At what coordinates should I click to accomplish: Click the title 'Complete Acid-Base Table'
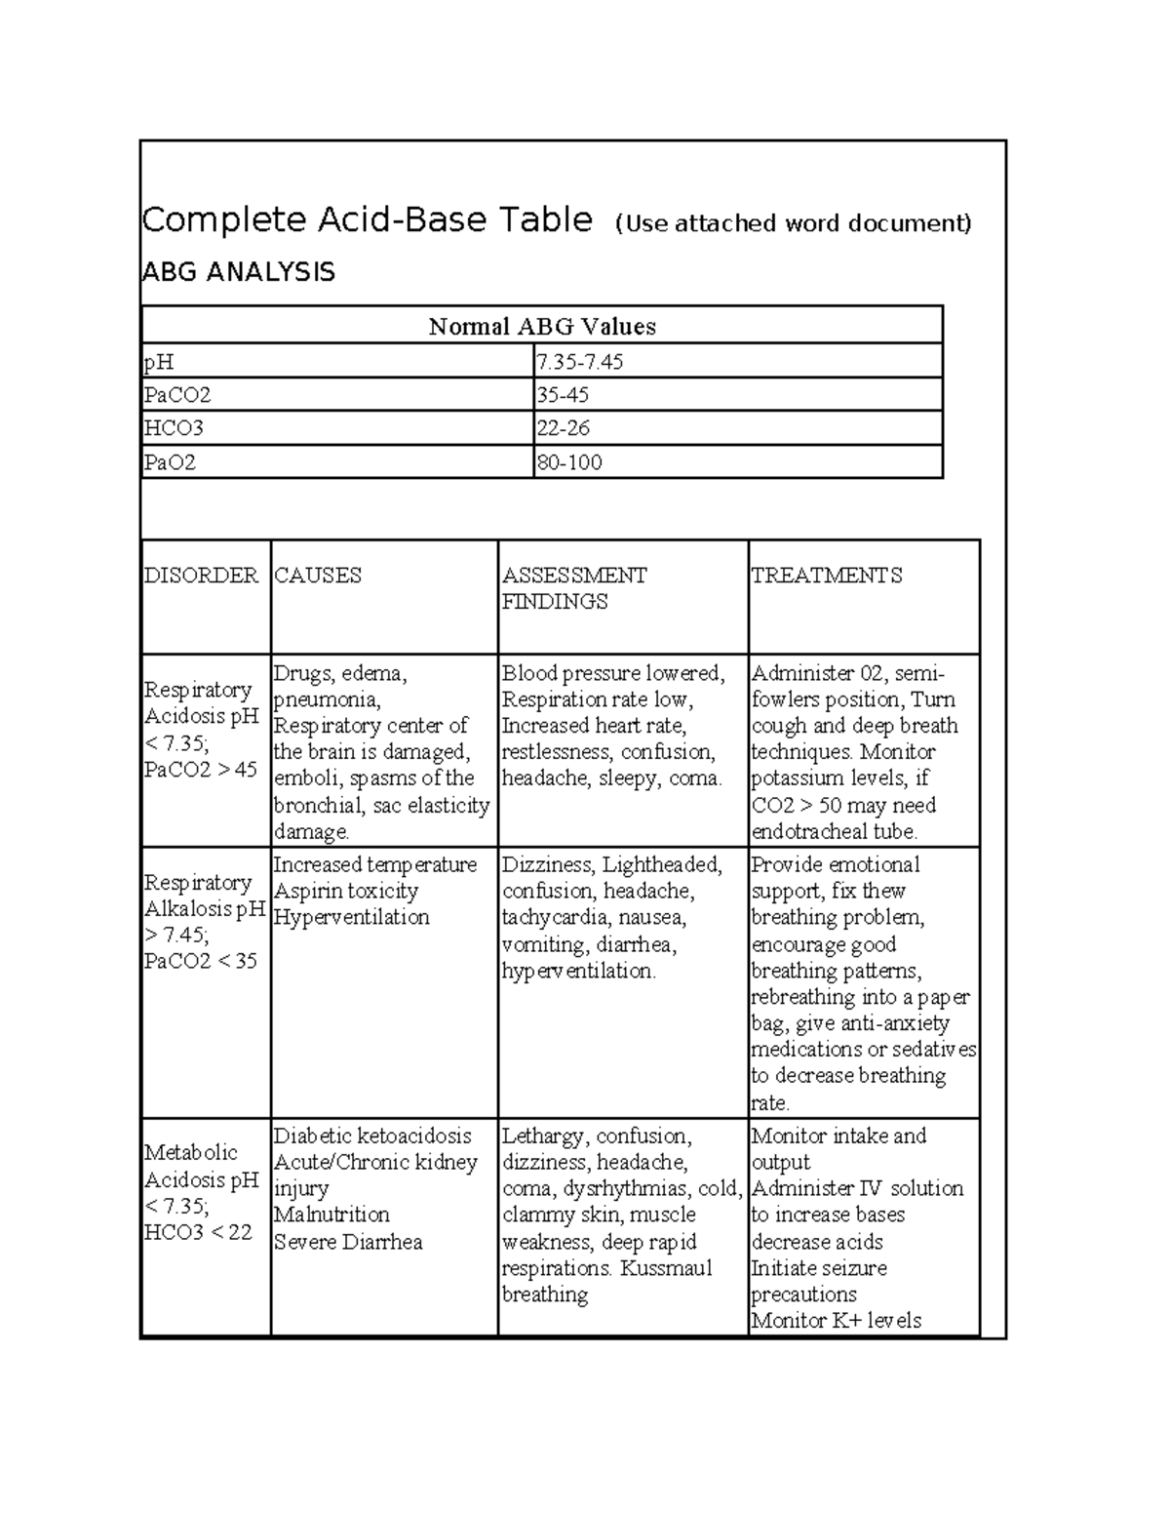click(367, 220)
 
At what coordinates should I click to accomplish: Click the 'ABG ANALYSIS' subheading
click(238, 272)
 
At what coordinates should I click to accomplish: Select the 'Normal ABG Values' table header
click(541, 327)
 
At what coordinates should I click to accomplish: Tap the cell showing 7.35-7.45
click(579, 362)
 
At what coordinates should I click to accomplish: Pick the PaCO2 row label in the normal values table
click(177, 395)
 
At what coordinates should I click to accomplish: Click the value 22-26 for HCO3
click(563, 428)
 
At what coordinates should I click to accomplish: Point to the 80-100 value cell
click(568, 462)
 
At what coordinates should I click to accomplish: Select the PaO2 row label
click(171, 462)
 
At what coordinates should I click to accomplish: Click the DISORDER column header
click(201, 576)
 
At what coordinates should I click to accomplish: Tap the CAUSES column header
click(318, 576)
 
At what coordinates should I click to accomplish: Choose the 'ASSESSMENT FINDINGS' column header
click(573, 588)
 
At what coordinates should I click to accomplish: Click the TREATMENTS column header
click(826, 576)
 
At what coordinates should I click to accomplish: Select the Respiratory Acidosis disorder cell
click(202, 730)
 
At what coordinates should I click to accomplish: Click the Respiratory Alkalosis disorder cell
click(203, 922)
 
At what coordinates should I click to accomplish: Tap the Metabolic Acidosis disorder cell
click(201, 1192)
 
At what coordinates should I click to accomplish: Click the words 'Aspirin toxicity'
click(346, 892)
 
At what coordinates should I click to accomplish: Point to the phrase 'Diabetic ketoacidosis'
click(372, 1136)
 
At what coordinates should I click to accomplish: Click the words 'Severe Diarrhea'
click(348, 1243)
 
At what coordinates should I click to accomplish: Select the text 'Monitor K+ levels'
click(836, 1321)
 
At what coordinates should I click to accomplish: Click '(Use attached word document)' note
click(793, 223)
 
